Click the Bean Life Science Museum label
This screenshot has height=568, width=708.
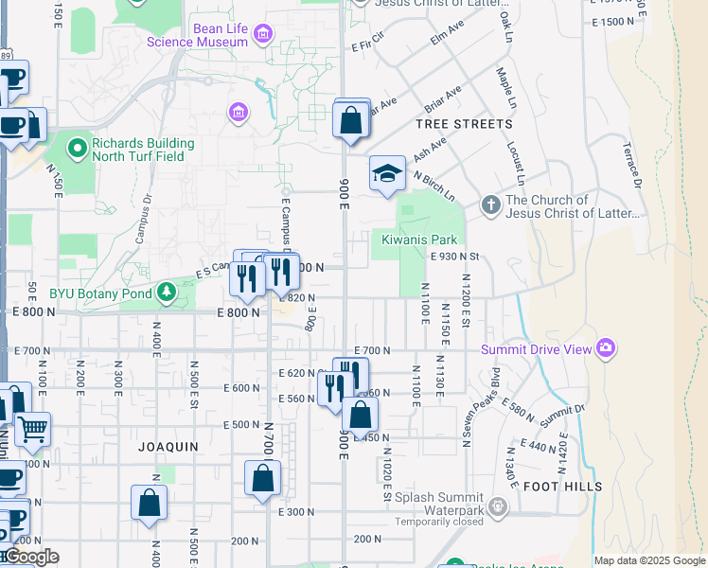[x=221, y=35]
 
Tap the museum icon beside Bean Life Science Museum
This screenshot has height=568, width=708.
[x=263, y=36]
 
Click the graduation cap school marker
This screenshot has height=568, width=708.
[x=386, y=173]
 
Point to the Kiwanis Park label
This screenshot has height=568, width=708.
[x=419, y=240]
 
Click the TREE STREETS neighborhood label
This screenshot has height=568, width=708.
[x=464, y=124]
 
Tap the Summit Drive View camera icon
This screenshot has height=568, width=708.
[x=606, y=349]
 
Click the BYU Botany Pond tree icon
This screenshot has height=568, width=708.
[x=168, y=292]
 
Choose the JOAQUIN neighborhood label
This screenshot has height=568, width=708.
[x=168, y=446]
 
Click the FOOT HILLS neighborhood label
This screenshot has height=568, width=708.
[x=562, y=487]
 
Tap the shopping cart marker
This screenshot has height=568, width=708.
[x=33, y=430]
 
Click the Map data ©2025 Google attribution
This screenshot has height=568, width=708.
[x=648, y=560]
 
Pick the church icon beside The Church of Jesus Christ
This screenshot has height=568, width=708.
[x=490, y=204]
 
